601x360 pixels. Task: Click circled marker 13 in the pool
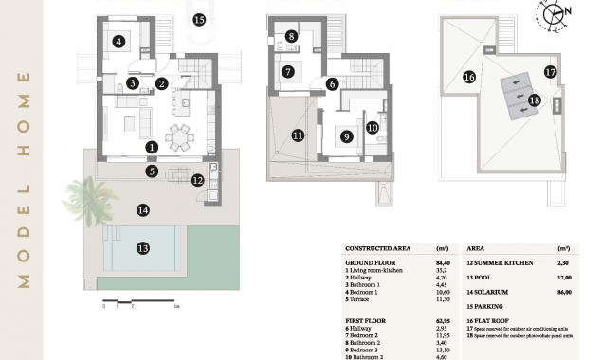point(143,248)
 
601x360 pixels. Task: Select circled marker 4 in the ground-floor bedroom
point(118,41)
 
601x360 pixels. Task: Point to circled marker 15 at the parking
point(199,18)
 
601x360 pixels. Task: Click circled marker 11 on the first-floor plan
point(298,135)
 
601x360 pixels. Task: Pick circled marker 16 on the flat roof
point(468,77)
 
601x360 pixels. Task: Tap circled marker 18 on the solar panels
point(535,99)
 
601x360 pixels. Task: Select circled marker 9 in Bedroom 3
point(347,135)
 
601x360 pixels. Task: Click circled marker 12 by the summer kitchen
point(197,179)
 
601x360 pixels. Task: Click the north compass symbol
point(555,15)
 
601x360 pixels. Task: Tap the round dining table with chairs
point(177,138)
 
